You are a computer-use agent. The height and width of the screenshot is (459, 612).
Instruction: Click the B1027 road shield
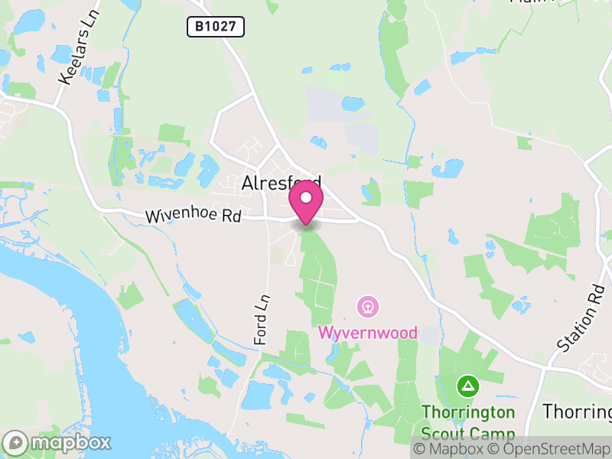point(216,28)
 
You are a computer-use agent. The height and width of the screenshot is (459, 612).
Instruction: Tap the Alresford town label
point(280,183)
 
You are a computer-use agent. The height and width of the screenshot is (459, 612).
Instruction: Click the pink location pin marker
point(306,203)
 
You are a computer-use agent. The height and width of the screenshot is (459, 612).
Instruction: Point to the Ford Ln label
point(262,319)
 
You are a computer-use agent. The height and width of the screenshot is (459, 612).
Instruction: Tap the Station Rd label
point(581,320)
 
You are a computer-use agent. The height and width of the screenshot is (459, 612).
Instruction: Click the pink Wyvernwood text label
point(368,333)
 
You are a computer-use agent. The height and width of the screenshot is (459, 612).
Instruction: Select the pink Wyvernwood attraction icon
point(368,308)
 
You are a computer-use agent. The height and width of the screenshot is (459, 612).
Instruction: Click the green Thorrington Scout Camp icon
point(467,386)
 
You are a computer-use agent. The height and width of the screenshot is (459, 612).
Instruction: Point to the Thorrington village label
point(577,411)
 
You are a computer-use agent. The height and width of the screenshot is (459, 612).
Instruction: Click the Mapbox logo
point(57,442)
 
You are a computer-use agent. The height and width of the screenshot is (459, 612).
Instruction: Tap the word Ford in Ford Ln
point(262,327)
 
